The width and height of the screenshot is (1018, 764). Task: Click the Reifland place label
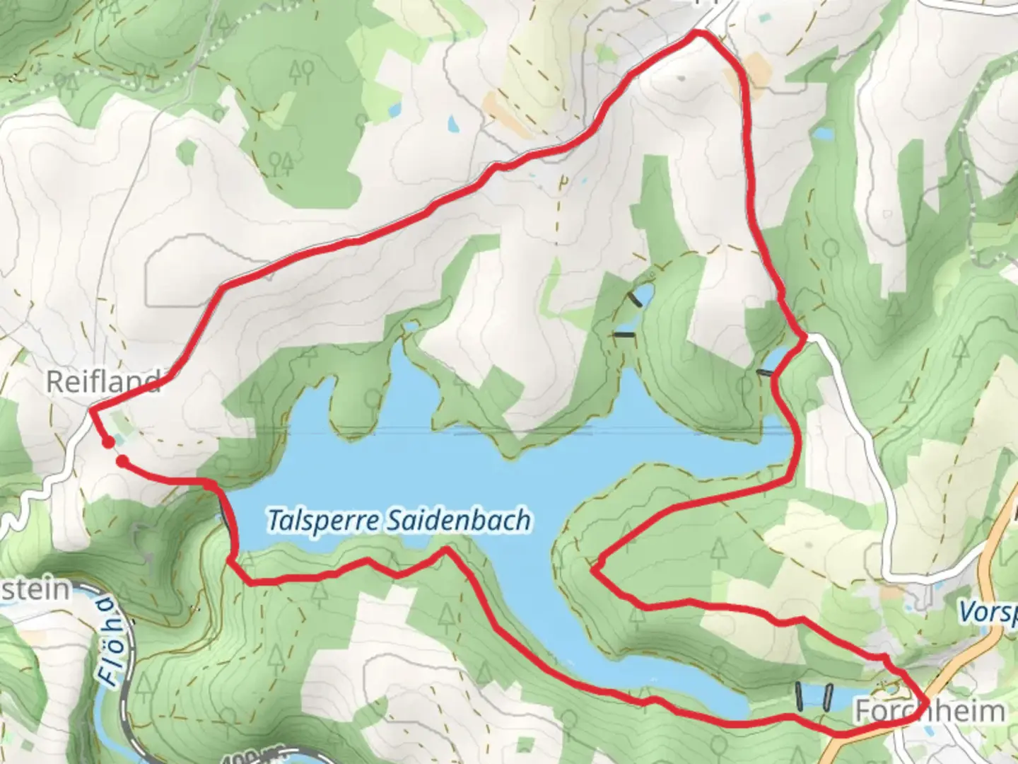point(103,383)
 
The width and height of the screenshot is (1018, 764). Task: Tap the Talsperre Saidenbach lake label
point(399,521)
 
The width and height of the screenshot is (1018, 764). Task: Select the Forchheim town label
point(930,711)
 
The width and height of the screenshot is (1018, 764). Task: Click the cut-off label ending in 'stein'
point(35,589)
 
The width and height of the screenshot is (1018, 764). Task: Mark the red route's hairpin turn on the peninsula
point(595,568)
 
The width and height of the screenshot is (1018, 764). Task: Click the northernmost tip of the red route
point(699,33)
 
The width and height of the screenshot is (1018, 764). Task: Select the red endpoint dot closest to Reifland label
point(107,443)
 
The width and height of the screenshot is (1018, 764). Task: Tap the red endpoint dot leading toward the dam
point(122,462)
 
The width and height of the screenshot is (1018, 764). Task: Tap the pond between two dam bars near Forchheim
point(814,697)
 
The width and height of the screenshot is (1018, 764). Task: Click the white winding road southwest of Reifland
point(28,495)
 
